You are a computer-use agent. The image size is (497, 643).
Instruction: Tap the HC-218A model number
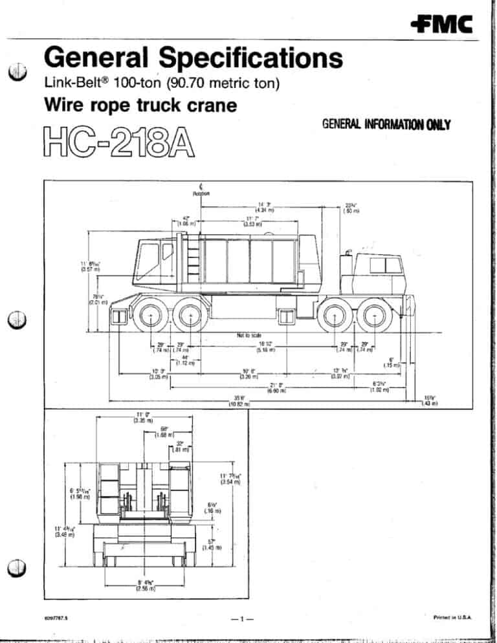pos(119,142)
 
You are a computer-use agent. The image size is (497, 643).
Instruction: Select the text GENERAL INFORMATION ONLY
pos(386,125)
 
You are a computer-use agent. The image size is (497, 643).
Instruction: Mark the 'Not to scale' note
pos(248,334)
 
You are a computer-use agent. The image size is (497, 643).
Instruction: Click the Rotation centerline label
pos(200,191)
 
